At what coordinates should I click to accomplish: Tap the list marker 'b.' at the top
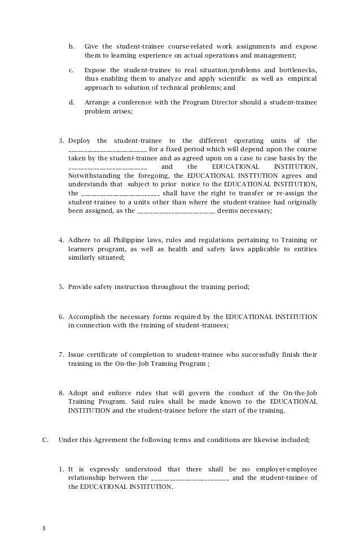pyautogui.click(x=71, y=46)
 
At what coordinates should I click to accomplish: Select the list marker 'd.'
pyautogui.click(x=71, y=102)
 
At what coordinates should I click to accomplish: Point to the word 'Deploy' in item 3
pyautogui.click(x=78, y=141)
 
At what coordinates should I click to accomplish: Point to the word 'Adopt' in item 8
pyautogui.click(x=77, y=393)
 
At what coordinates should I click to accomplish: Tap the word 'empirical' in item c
pyautogui.click(x=301, y=79)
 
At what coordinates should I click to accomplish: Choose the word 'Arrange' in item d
pyautogui.click(x=96, y=102)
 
